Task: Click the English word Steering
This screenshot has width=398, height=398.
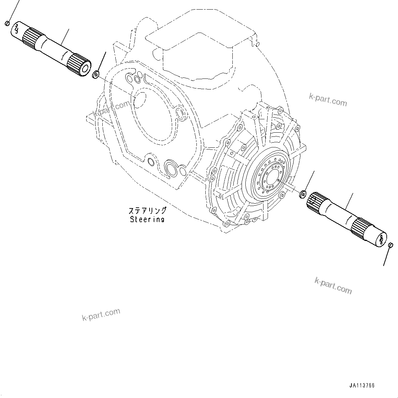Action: (x=147, y=219)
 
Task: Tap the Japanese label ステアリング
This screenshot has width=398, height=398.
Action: (x=147, y=211)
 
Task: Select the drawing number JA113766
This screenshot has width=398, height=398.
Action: (x=362, y=385)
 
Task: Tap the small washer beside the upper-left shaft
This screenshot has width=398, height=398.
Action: (x=96, y=74)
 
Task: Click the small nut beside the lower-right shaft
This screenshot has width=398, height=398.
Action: (x=303, y=194)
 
